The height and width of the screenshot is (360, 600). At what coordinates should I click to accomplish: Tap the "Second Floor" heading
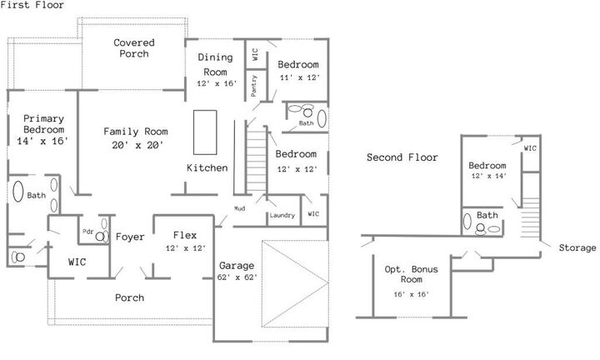pyautogui.click(x=402, y=157)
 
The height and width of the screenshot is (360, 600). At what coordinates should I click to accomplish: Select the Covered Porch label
pyautogui.click(x=132, y=48)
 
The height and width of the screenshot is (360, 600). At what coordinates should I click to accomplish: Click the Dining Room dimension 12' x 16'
pyautogui.click(x=217, y=84)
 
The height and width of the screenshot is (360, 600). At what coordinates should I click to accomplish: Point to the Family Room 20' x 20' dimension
pyautogui.click(x=135, y=145)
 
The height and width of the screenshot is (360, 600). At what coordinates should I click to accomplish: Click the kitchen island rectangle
pyautogui.click(x=205, y=132)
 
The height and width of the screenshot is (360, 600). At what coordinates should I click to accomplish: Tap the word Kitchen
pyautogui.click(x=207, y=168)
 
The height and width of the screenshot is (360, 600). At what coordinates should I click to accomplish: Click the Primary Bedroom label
pyautogui.click(x=43, y=124)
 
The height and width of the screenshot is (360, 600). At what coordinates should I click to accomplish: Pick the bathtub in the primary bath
pyautogui.click(x=17, y=194)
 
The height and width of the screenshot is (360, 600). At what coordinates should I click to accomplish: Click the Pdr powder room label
pyautogui.click(x=87, y=231)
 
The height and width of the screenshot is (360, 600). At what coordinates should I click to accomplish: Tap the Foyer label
pyautogui.click(x=130, y=237)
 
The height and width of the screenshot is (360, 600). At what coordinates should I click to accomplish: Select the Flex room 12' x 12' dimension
pyautogui.click(x=185, y=248)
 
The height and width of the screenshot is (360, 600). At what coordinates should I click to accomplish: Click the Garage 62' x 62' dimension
pyautogui.click(x=237, y=277)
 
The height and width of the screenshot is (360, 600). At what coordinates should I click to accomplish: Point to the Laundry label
pyautogui.click(x=282, y=216)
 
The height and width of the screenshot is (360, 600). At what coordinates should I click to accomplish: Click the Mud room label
pyautogui.click(x=239, y=208)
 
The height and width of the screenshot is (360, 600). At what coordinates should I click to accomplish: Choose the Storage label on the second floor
pyautogui.click(x=577, y=247)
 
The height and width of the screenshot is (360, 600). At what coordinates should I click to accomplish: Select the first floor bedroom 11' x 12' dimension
pyautogui.click(x=298, y=77)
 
